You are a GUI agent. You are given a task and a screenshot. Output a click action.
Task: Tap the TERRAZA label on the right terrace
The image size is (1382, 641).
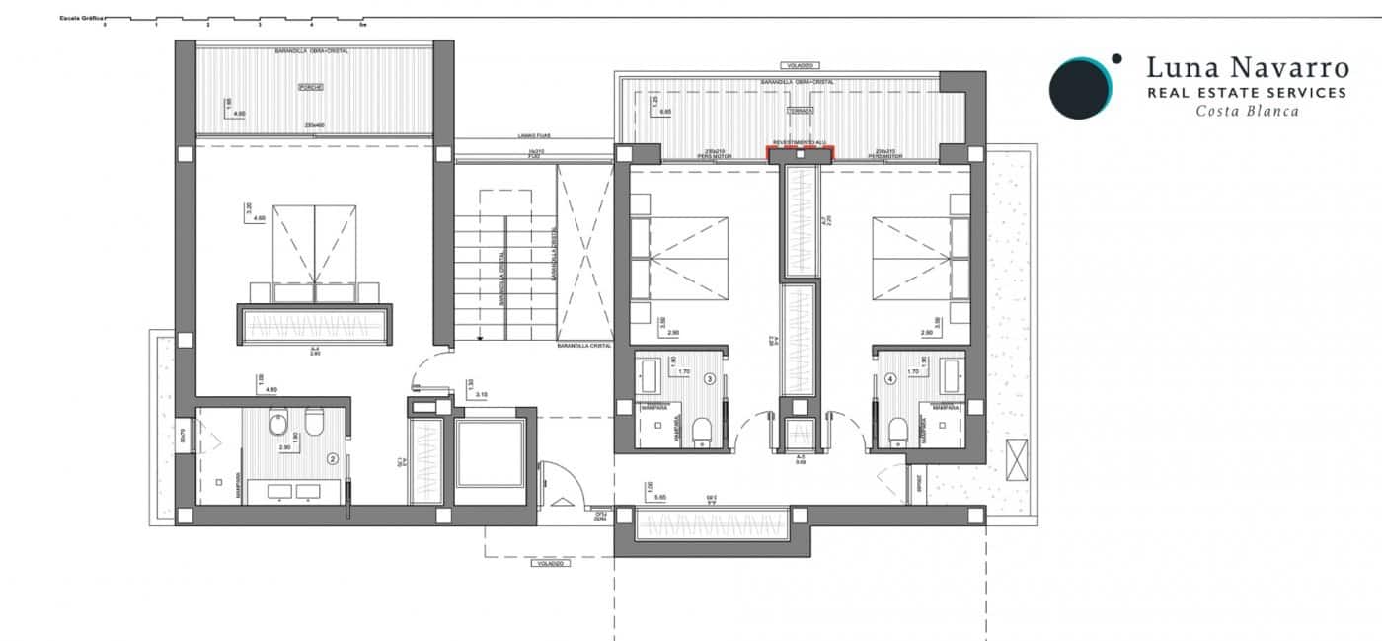800,111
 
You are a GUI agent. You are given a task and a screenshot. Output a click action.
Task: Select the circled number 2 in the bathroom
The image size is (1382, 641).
333,458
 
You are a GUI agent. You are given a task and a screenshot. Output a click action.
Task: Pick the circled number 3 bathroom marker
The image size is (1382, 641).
709,377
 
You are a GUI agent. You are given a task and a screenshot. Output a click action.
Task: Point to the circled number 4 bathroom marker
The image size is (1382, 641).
890,377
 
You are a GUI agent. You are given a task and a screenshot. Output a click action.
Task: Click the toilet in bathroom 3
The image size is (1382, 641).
703,430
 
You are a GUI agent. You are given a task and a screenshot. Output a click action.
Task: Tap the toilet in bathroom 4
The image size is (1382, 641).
897,430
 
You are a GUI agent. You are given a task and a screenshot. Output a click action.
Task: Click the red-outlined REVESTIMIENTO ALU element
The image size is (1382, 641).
801,150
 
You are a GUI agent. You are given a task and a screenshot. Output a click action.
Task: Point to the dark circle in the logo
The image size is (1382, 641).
1079,88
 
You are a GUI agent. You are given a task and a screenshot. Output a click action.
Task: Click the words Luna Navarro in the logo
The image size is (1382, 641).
1246,68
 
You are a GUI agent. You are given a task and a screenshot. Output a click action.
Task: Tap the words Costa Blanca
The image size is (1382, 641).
1247,111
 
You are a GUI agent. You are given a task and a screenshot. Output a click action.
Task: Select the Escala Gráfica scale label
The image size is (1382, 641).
81,18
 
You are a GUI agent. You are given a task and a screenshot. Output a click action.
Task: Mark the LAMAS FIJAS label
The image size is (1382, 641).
534,136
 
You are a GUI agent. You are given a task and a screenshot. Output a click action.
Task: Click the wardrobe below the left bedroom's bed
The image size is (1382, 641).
314,324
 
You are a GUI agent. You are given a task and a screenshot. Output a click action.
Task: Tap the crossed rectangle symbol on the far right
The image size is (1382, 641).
1018,458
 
